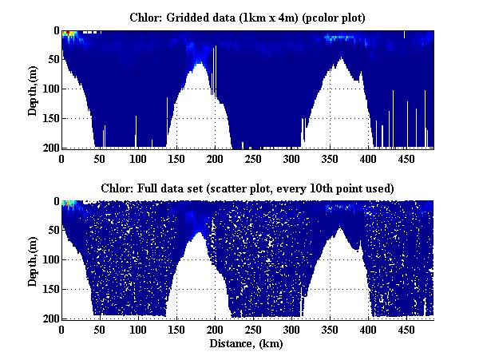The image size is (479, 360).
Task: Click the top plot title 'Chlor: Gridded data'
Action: [247, 17]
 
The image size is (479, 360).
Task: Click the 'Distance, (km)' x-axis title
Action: [247, 344]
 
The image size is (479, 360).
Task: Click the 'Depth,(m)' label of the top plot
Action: [33, 89]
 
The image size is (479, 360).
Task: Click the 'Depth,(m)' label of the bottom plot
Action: [33, 260]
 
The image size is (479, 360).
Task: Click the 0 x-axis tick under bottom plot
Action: [61, 330]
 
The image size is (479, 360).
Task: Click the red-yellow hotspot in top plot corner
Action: [69, 34]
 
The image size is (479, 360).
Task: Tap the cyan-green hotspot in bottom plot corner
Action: [69, 204]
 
